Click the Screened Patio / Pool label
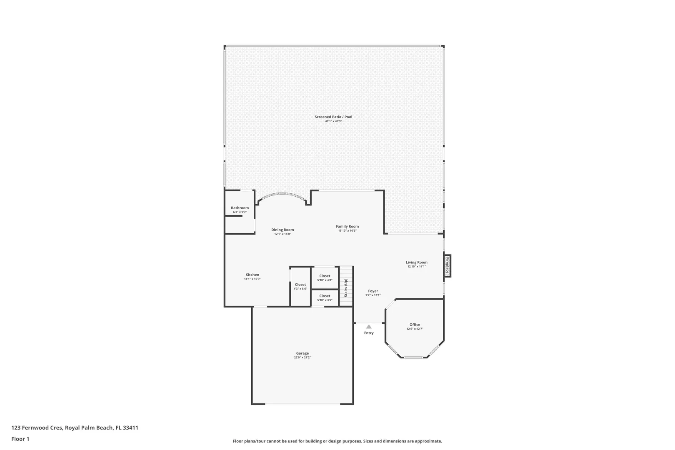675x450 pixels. click(333, 117)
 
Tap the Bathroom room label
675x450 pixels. click(240, 207)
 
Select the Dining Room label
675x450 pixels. click(282, 230)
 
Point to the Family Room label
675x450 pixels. click(347, 226)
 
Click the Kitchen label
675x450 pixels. click(252, 275)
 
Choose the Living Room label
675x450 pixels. click(416, 262)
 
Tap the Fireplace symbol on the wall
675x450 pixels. click(448, 266)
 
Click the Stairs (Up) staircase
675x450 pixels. click(346, 286)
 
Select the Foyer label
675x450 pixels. click(373, 291)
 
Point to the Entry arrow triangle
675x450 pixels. click(369, 327)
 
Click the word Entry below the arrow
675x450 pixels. click(369, 333)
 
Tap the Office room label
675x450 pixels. click(415, 325)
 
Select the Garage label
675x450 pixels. click(302, 353)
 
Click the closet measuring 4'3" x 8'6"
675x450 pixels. click(300, 287)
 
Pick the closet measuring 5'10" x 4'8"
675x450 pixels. click(325, 277)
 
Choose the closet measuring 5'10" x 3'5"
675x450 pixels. click(325, 298)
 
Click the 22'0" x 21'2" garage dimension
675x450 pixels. click(302, 357)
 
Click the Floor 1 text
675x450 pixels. click(20, 439)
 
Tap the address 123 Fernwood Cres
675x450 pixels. click(37, 427)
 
